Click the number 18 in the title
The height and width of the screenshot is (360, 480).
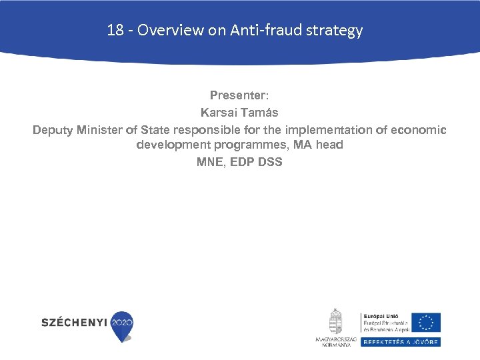pos(114,31)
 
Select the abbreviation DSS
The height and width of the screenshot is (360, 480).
pos(269,161)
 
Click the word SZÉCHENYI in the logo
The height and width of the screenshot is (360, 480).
pos(74,323)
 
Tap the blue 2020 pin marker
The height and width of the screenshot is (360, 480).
pos(122,325)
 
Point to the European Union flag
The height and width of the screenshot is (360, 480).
pos(425,323)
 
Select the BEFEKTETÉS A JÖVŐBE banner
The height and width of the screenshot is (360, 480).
pos(400,342)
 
